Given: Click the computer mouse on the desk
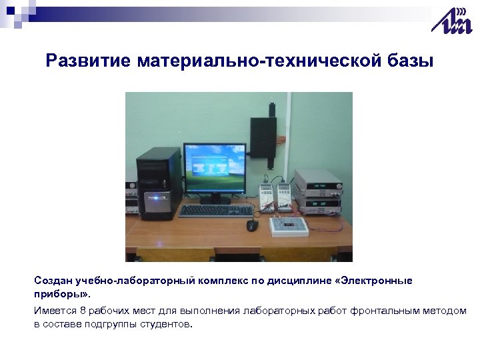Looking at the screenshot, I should click(252, 225).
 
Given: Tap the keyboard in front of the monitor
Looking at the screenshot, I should click(216, 211).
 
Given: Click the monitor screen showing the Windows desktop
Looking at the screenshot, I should click(214, 167).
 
